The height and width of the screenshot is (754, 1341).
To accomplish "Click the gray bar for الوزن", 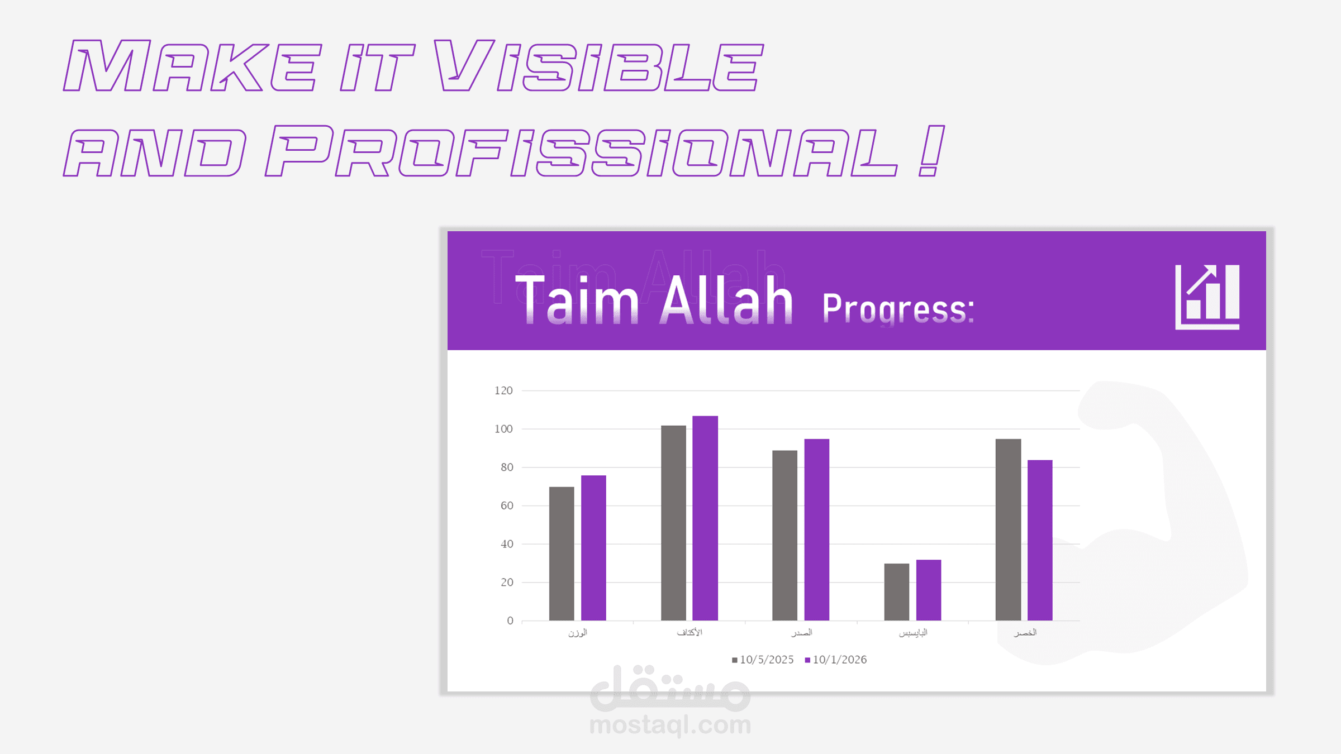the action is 562,553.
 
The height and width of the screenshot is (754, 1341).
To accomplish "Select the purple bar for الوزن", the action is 593,548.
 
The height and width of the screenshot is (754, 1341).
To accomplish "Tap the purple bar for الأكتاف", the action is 705,518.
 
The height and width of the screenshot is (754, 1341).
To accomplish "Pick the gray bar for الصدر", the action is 785,536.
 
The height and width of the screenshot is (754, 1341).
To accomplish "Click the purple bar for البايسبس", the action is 929,590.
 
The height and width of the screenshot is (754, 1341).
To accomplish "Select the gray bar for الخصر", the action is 1009,530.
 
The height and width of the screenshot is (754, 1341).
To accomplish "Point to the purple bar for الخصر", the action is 1040,541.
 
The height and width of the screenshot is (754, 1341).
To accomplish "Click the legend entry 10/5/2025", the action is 763,660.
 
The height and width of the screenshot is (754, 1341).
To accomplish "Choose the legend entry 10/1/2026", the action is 836,660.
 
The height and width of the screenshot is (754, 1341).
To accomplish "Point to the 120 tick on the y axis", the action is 503,390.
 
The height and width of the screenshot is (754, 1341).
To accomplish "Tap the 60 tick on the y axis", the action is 507,505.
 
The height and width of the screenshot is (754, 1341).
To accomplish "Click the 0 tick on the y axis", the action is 510,621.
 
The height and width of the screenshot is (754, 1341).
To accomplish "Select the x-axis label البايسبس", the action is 913,633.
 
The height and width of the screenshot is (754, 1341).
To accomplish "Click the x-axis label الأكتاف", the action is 689,632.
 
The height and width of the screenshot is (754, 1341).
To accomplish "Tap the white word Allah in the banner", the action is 726,299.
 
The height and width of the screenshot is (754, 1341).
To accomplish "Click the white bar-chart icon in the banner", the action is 1207,297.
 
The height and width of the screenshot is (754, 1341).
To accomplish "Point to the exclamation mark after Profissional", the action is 931,151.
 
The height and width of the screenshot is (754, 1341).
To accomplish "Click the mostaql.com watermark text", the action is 670,725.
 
